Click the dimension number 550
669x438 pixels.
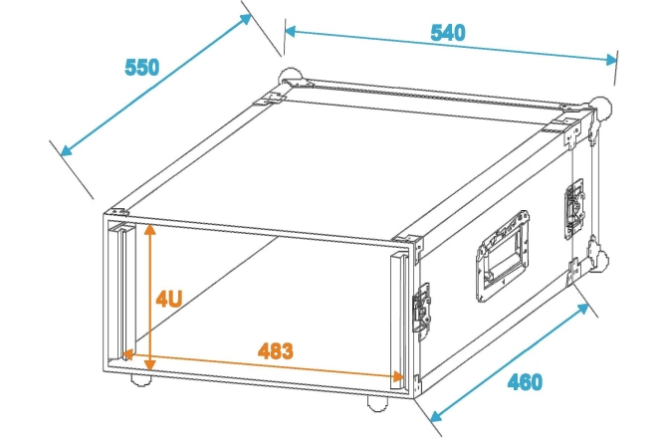142,69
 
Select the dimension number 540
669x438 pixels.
447,33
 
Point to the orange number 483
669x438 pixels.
275,350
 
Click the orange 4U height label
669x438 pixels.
168,298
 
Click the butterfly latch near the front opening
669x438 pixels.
423,309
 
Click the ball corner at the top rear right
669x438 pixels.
602,105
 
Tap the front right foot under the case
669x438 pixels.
378,401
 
